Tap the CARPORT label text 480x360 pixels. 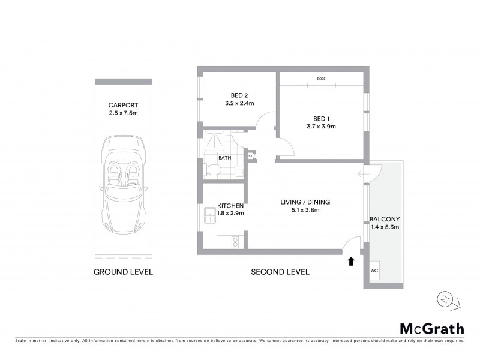tap(123, 103)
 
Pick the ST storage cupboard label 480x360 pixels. tap(250, 157)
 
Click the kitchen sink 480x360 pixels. tap(209, 215)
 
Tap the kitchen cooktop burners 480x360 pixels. tap(235, 242)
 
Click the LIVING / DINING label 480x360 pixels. tap(305, 202)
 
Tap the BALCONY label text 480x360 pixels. tap(385, 220)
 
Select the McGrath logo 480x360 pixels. tap(432, 328)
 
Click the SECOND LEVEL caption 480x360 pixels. tap(280, 272)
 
